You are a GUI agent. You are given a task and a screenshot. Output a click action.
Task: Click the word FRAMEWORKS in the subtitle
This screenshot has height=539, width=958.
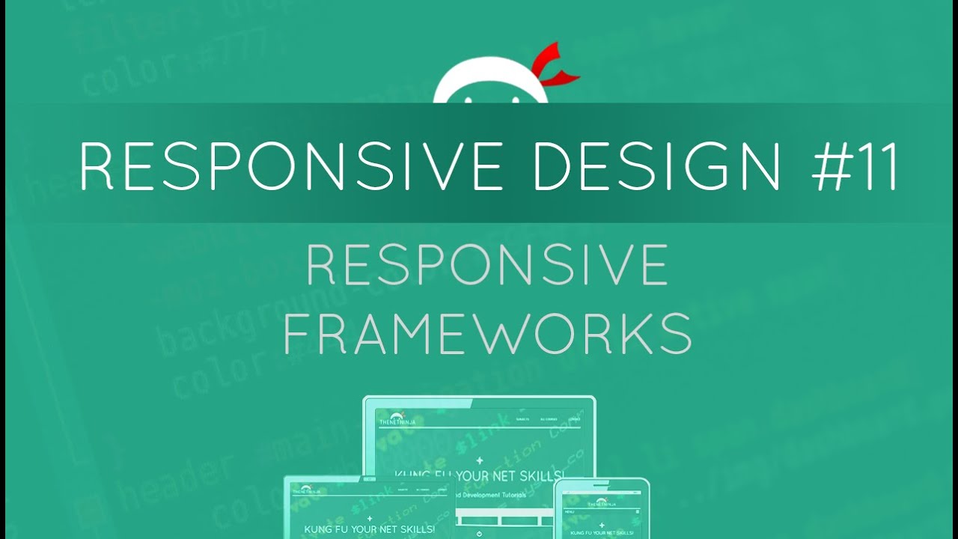point(487,333)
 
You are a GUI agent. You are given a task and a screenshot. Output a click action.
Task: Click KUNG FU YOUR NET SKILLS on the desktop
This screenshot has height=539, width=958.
point(479,474)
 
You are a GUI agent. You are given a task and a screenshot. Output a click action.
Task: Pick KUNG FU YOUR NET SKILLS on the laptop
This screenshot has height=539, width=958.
point(369,529)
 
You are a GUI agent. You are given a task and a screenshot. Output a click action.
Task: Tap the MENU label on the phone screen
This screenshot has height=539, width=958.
point(570,512)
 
